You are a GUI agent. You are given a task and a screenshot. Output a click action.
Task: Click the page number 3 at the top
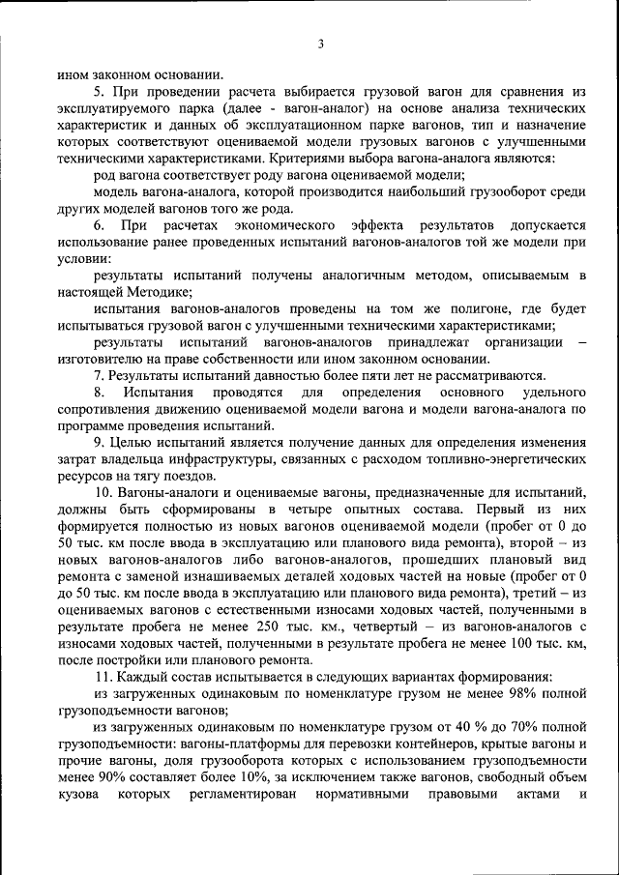click(320, 44)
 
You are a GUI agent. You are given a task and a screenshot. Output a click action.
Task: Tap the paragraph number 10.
click(102, 492)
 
